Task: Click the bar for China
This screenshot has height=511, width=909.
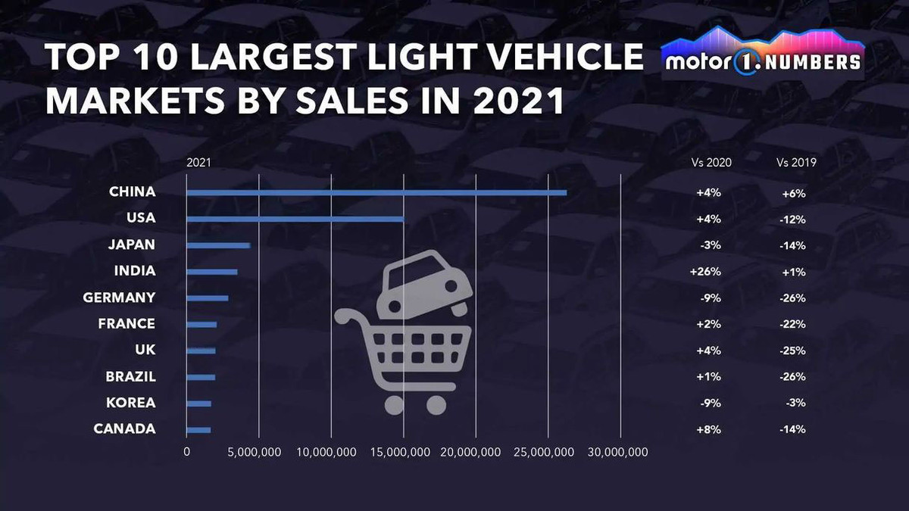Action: click(x=376, y=192)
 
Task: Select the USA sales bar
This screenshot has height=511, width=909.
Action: click(x=295, y=219)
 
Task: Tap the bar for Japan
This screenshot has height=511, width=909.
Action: click(x=218, y=245)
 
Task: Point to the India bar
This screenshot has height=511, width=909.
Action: click(x=212, y=272)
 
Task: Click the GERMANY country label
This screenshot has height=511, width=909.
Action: click(x=119, y=298)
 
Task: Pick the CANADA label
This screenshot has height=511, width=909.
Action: click(x=124, y=429)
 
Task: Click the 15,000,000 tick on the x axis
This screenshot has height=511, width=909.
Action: click(x=404, y=452)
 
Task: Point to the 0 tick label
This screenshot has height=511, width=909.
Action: click(x=187, y=452)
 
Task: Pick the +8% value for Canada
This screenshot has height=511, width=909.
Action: click(x=708, y=429)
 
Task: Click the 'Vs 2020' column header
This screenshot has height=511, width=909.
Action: click(x=711, y=162)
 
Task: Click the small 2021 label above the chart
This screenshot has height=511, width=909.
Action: click(x=198, y=162)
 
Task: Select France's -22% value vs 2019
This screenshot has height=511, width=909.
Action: click(x=792, y=324)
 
